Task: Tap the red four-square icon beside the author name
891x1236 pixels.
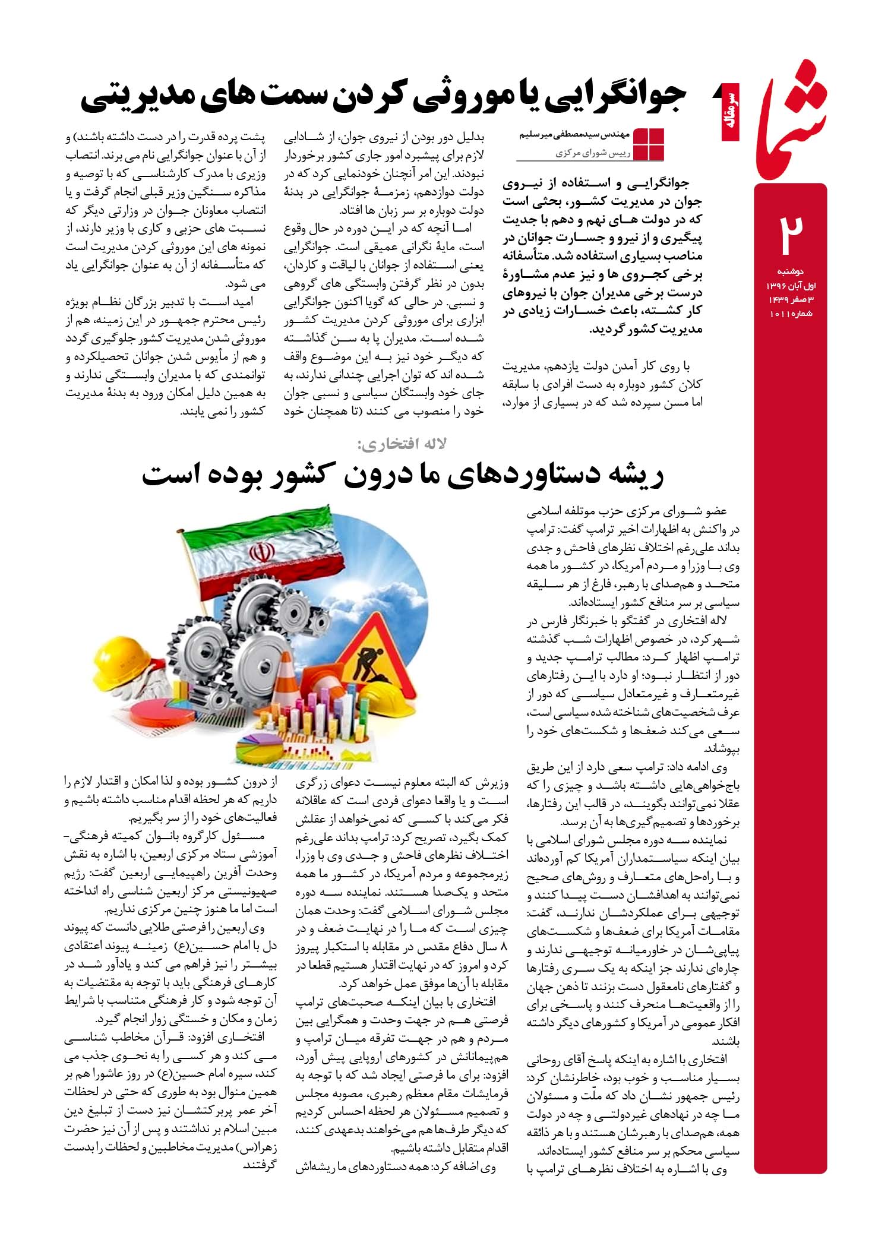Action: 649,144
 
